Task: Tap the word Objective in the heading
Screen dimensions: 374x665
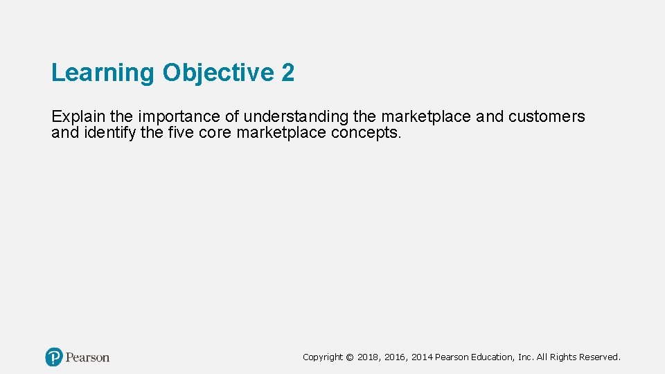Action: click(x=219, y=73)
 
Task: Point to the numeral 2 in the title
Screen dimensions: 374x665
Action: click(x=288, y=73)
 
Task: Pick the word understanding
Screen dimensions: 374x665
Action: click(x=296, y=117)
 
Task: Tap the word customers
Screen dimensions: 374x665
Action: click(x=547, y=116)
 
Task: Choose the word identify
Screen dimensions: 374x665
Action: click(x=109, y=132)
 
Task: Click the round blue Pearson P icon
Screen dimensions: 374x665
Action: click(x=54, y=357)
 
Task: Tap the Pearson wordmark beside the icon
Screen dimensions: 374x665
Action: click(x=88, y=357)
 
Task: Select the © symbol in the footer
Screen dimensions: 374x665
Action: click(x=350, y=357)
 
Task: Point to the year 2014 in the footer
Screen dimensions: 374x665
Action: click(x=422, y=357)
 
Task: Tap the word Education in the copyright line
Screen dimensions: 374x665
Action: click(x=492, y=357)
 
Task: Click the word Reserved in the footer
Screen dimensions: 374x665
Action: click(x=600, y=357)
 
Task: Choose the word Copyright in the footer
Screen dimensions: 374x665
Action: click(x=323, y=357)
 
